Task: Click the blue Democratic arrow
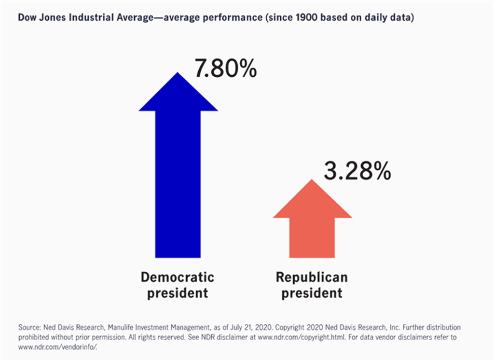coord(178,183)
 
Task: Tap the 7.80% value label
coord(225,69)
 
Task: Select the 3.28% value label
coord(357,171)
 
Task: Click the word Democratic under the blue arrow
coord(178,277)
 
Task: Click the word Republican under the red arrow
coord(312,277)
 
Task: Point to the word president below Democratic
coord(178,292)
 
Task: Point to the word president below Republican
coord(312,292)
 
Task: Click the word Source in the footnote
coord(28,327)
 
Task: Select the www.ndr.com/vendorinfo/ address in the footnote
coord(61,346)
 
